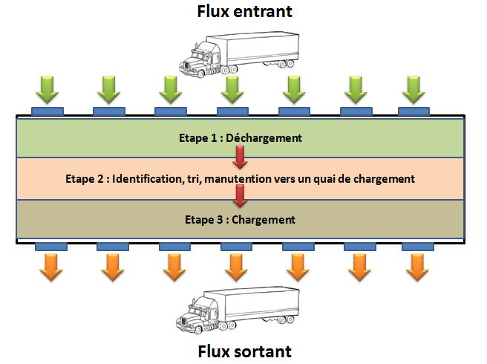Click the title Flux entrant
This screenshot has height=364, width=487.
tap(243, 11)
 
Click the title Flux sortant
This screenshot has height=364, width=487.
tap(243, 350)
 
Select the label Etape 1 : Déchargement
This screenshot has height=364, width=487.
tap(241, 137)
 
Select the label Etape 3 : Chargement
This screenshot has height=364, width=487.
tap(241, 220)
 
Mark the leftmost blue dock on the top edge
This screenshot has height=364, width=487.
tap(48, 111)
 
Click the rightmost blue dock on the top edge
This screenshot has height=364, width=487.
tap(414, 111)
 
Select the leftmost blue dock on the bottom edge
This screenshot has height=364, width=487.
tap(50, 246)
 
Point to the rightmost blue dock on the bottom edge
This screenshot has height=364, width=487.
tap(418, 246)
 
